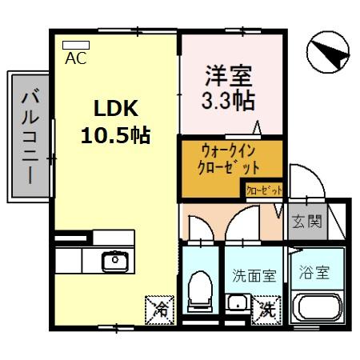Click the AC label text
[x=75, y=58]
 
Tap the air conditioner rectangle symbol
[x=75, y=45]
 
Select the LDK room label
[x=118, y=108]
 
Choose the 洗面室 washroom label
[x=254, y=276]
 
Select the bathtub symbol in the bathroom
[x=319, y=308]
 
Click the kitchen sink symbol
[x=114, y=260]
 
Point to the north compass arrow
[x=327, y=54]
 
